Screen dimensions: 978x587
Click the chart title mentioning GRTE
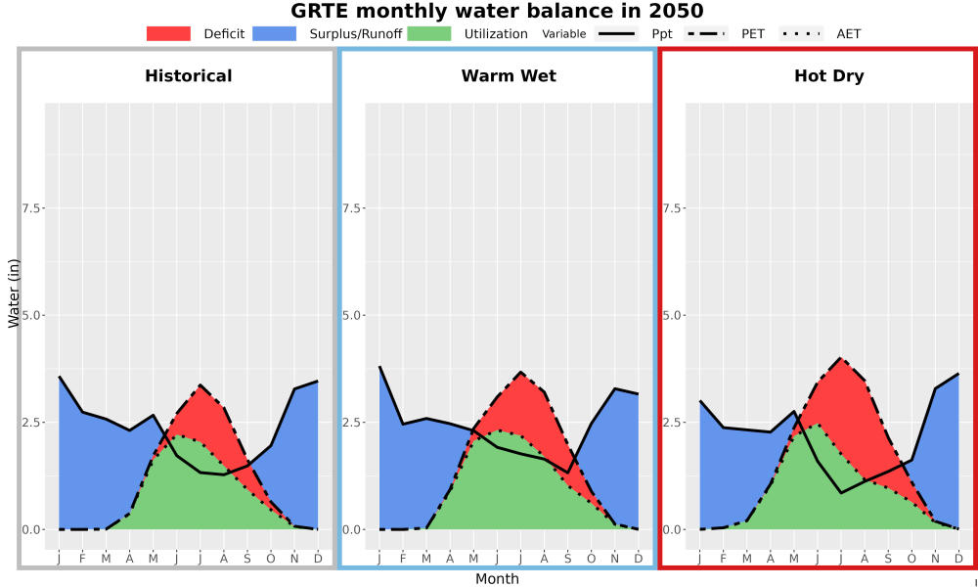[497, 11]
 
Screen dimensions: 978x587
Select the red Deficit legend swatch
[168, 33]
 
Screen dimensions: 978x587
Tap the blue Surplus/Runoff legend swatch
[275, 33]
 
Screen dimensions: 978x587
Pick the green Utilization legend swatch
[429, 33]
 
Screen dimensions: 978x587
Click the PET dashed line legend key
[705, 33]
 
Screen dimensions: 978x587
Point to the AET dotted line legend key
[801, 33]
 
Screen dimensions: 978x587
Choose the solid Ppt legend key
[616, 33]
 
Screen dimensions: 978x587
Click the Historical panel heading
[189, 76]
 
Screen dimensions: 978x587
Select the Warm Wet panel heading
[509, 76]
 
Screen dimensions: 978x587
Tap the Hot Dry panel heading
[829, 76]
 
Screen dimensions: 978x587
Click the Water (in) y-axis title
[14, 294]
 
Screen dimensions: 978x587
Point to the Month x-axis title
[497, 579]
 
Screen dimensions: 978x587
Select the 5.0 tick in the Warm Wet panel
[352, 315]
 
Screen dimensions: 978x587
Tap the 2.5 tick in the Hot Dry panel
[673, 423]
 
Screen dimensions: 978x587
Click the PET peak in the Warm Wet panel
[521, 372]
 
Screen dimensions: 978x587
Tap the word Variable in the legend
[564, 34]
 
